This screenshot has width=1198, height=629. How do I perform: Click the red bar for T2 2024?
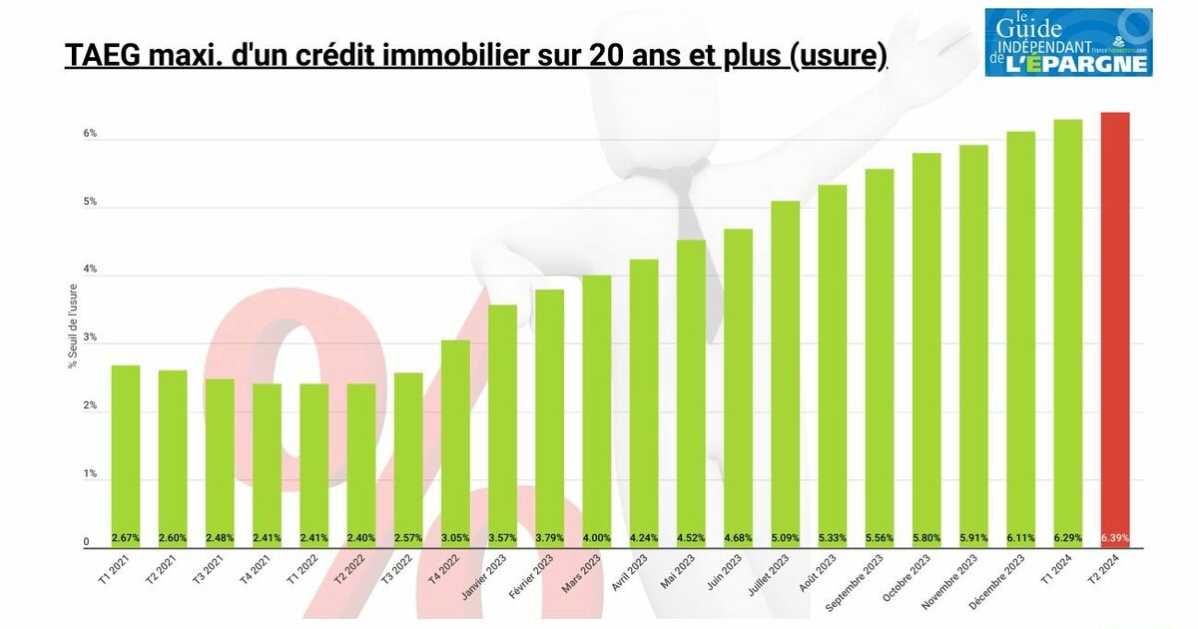coord(1115,329)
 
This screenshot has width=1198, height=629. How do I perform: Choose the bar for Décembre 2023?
coord(1021,339)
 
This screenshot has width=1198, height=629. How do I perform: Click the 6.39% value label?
coord(1115,538)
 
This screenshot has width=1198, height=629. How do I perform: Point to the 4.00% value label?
coord(597,538)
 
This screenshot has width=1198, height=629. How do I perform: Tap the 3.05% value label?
coord(455,538)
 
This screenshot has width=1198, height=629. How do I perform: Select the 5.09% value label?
coord(786,538)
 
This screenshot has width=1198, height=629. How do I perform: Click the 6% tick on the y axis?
coord(90,134)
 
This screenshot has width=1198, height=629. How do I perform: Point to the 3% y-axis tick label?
coord(90,338)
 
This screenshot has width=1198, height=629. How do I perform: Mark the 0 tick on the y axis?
coord(86,542)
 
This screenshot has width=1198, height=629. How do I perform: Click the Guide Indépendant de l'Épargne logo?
coord(1067,42)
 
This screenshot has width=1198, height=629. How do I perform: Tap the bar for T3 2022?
coord(408,460)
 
